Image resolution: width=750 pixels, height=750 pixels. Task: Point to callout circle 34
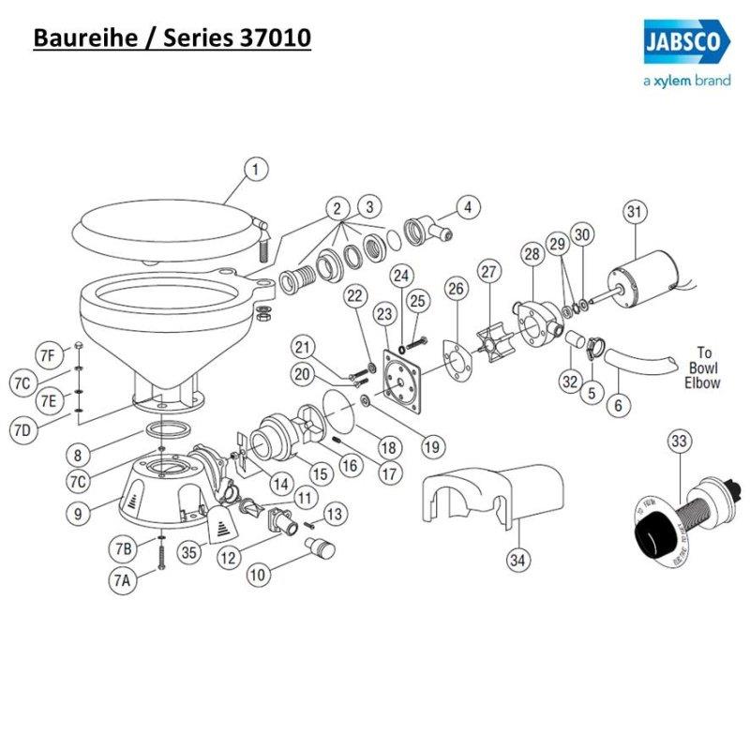coord(517,561)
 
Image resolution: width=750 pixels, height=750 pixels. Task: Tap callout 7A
coord(122,580)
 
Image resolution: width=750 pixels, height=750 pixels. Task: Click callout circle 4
coord(466,206)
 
